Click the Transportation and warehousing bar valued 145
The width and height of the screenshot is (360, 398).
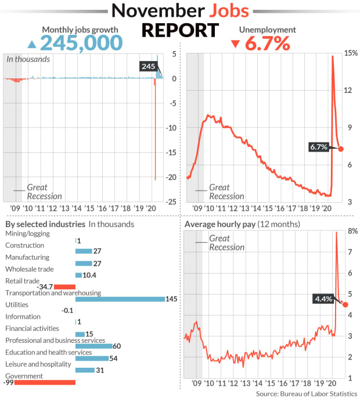tap(120, 299)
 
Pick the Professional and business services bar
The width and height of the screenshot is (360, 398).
tap(93, 346)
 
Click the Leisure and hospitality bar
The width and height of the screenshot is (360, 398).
tap(85, 370)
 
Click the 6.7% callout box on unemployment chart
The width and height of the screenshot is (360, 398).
tap(319, 147)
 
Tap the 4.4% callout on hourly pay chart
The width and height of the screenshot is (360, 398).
tap(323, 299)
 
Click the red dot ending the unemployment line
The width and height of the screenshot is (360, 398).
tap(341, 149)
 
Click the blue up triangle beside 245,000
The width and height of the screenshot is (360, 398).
tap(33, 44)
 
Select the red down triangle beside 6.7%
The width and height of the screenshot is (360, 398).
tap(235, 44)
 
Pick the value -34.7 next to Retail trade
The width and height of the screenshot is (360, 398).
tap(44, 286)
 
